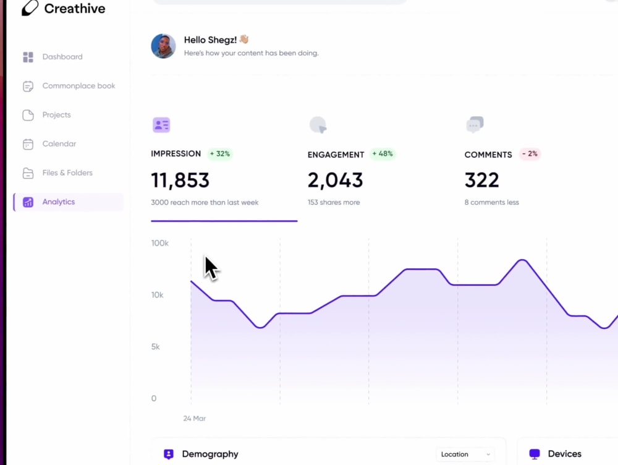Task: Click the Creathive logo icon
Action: [x=30, y=8]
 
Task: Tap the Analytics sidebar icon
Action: [x=28, y=202]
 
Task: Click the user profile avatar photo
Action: [x=163, y=46]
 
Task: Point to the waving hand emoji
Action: [x=244, y=39]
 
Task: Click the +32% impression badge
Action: [x=220, y=154]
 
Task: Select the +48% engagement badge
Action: [x=383, y=154]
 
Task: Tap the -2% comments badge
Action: [x=530, y=154]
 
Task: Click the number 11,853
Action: [x=180, y=180]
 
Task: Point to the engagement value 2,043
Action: [x=335, y=180]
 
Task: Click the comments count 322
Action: [x=481, y=180]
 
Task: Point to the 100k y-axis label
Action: [x=159, y=243]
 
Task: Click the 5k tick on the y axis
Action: [x=156, y=347]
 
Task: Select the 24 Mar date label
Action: [x=194, y=419]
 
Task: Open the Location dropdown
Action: [x=465, y=454]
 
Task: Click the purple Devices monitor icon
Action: [x=535, y=454]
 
